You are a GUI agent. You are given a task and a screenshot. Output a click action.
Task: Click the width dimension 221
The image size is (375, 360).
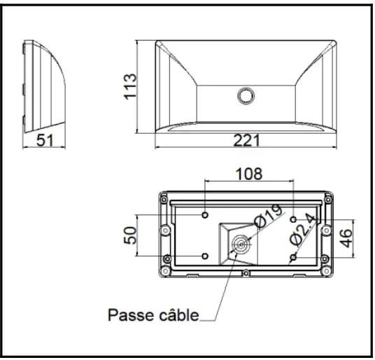click(246, 140)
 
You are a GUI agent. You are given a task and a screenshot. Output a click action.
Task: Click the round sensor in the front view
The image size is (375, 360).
click(246, 95)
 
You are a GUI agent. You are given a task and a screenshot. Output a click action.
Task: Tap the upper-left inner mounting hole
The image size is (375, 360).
click(204, 215)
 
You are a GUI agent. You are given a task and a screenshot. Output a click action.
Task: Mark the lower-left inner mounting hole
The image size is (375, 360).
click(204, 257)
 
